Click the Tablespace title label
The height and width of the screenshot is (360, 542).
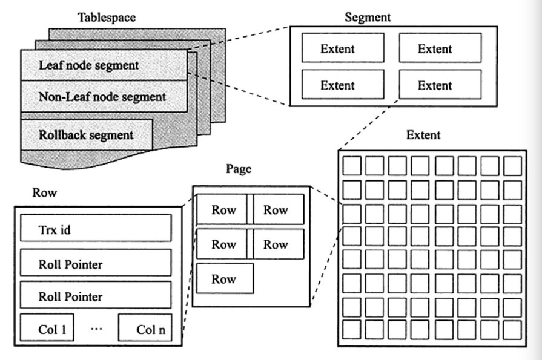107,17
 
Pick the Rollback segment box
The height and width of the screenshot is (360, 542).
86,134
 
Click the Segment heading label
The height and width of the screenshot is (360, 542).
368,17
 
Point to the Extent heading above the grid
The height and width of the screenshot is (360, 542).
423,134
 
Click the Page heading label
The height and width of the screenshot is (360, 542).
239,169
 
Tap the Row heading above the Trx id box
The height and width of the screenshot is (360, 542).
44,193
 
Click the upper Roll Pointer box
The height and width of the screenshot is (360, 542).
95,264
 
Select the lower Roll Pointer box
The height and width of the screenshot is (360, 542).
95,296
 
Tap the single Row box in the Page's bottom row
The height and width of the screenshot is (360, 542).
224,279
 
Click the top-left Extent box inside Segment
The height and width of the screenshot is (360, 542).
342,49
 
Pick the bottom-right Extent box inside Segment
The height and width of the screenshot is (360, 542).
440,85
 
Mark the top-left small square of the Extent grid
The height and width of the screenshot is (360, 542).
352,166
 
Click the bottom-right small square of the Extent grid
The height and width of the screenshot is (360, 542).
512,330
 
